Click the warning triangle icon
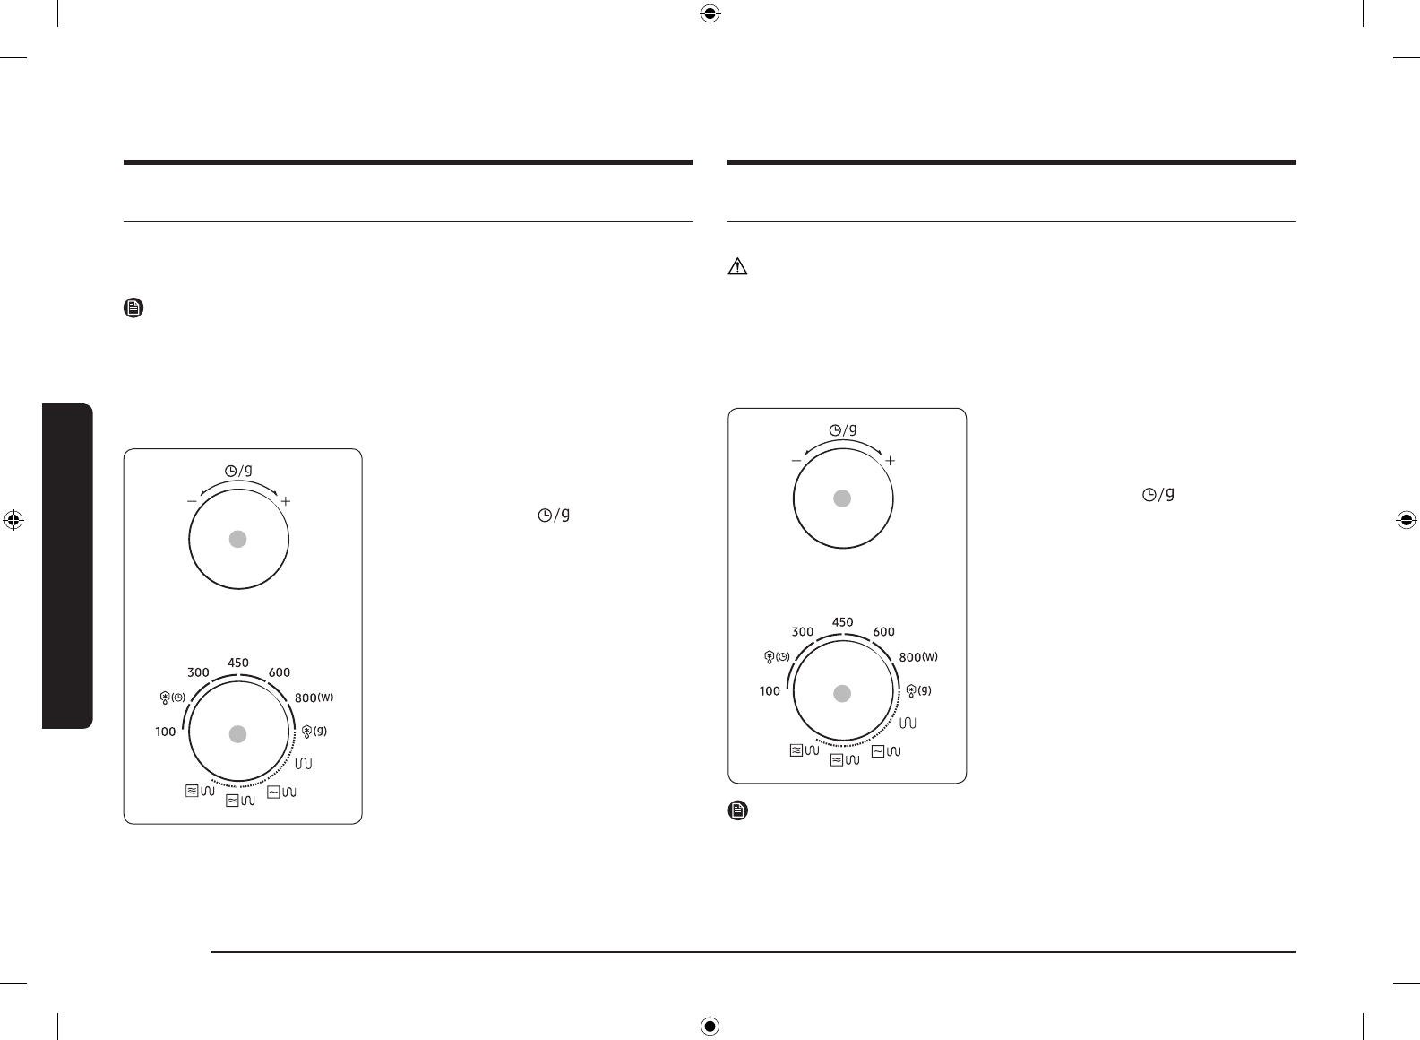[x=737, y=266]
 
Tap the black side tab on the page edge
[x=68, y=566]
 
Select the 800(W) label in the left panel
[x=314, y=698]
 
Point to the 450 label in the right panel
[x=842, y=622]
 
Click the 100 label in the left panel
[x=166, y=732]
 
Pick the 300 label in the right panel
[x=803, y=631]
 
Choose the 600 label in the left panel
[x=280, y=672]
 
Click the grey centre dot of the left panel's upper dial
[x=237, y=539]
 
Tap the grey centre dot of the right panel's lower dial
[x=842, y=694]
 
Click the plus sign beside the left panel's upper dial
[x=286, y=501]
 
